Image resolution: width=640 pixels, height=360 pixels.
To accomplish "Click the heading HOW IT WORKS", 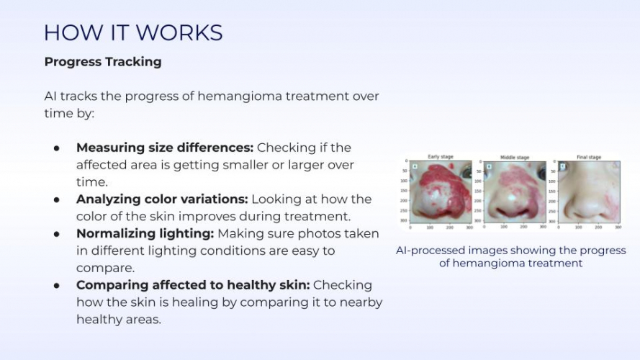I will [x=133, y=32].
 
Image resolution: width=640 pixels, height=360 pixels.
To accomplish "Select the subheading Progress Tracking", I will [x=103, y=62].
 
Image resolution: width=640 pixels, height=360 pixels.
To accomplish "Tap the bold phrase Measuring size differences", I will [x=165, y=148].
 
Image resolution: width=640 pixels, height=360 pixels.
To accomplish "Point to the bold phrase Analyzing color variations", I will [x=162, y=199].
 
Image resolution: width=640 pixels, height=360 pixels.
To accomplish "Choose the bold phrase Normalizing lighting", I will [x=145, y=233].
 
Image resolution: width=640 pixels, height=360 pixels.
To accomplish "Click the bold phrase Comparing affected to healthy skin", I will [x=192, y=285].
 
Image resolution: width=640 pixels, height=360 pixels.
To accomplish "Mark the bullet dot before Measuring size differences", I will [x=56, y=148].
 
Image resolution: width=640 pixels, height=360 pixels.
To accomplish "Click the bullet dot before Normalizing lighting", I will [x=56, y=234].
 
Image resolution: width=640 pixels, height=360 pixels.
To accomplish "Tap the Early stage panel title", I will [x=441, y=157].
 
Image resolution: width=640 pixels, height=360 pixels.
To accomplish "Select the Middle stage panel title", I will [x=514, y=157].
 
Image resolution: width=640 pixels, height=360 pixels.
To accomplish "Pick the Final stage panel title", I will [x=588, y=157].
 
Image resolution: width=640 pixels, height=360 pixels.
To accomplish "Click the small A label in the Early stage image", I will [x=415, y=166].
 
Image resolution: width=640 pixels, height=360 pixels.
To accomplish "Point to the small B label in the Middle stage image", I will [x=489, y=166].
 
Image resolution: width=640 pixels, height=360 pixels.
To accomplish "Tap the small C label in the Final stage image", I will [x=563, y=166].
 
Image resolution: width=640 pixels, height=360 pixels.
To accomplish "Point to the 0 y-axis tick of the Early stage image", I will [x=406, y=161].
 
